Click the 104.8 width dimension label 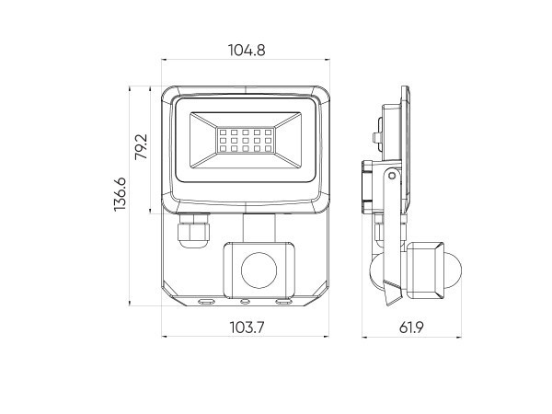pos(247,50)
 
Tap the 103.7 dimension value pos(247,328)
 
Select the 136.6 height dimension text pos(120,195)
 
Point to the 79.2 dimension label pos(141,147)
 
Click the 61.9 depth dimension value pos(411,328)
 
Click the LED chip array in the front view pos(246,141)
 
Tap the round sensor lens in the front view pos(259,270)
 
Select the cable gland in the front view pos(193,230)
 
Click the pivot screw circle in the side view pos(392,176)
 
